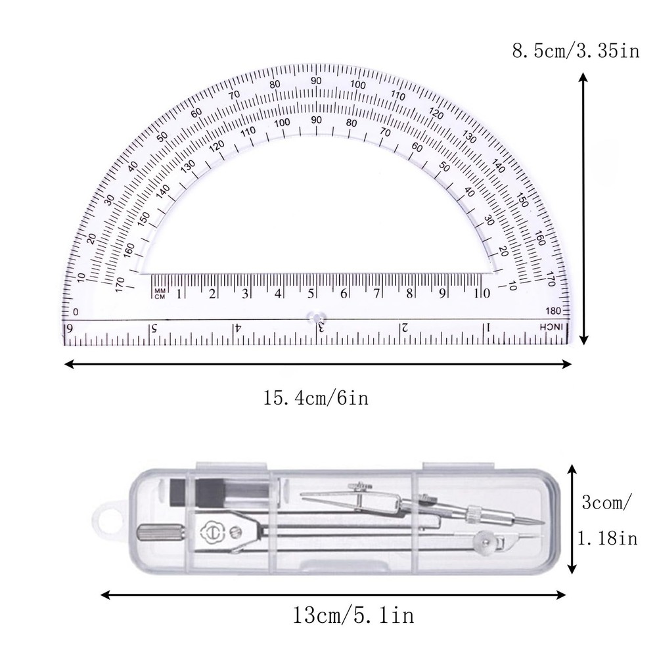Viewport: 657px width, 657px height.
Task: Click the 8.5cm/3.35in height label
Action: pos(576,51)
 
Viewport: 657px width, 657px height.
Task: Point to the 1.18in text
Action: pos(607,539)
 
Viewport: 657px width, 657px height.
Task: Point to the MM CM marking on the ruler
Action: pos(159,294)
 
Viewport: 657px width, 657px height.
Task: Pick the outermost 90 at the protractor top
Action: pos(317,80)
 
